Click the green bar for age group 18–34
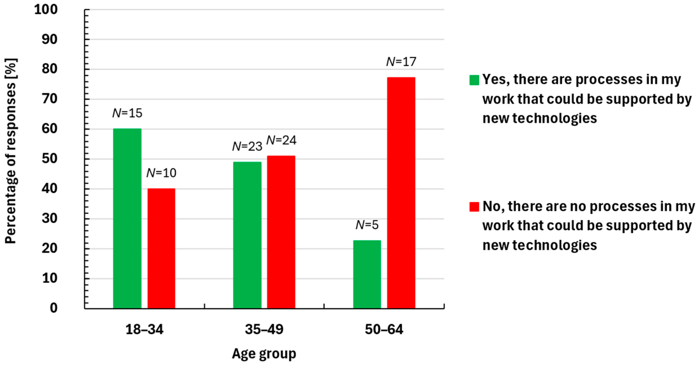click(x=127, y=218)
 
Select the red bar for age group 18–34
click(x=161, y=248)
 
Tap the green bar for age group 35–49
click(x=247, y=235)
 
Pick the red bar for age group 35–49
click(x=281, y=232)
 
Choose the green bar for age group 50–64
click(x=367, y=274)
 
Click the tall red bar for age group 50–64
click(x=401, y=193)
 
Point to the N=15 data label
click(x=127, y=113)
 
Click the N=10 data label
click(x=161, y=173)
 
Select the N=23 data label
click(x=247, y=146)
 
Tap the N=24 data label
click(x=281, y=140)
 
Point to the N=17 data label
click(x=401, y=62)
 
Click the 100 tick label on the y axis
click(x=46, y=10)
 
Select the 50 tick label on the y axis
click(x=50, y=159)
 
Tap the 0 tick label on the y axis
click(x=53, y=308)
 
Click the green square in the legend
click(x=474, y=80)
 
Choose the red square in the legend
click(x=474, y=207)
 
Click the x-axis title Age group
click(x=264, y=354)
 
